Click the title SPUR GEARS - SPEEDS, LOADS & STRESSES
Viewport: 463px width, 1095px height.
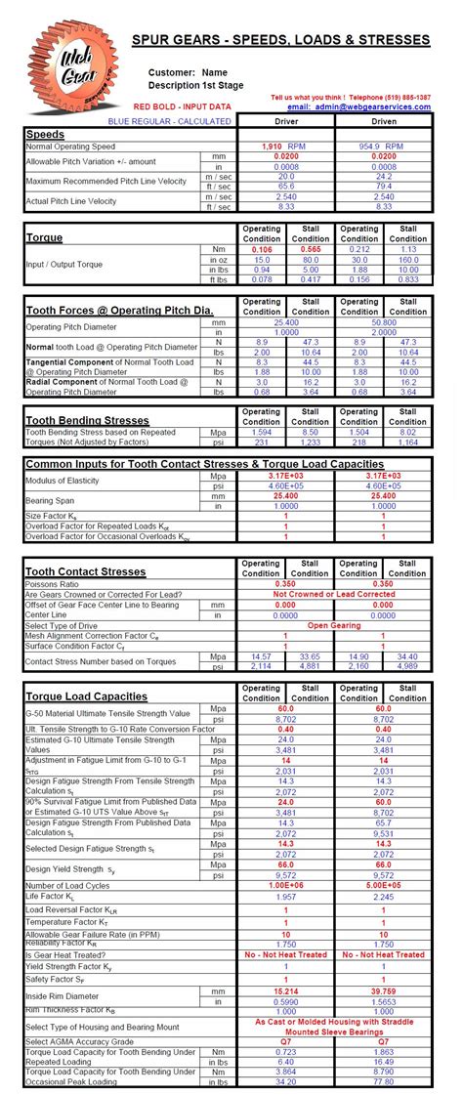pyautogui.click(x=280, y=40)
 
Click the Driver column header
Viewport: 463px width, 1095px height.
pyautogui.click(x=285, y=121)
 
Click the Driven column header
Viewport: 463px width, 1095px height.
pyautogui.click(x=383, y=121)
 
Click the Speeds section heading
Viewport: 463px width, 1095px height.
pyautogui.click(x=46, y=134)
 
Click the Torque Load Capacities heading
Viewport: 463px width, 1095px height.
pyautogui.click(x=85, y=696)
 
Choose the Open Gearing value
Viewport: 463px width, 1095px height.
pyautogui.click(x=334, y=625)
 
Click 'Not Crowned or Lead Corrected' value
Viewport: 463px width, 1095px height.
pyautogui.click(x=334, y=593)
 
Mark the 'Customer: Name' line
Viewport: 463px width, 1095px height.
pyautogui.click(x=188, y=72)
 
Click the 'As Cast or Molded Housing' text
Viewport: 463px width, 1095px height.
pyautogui.click(x=334, y=1021)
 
